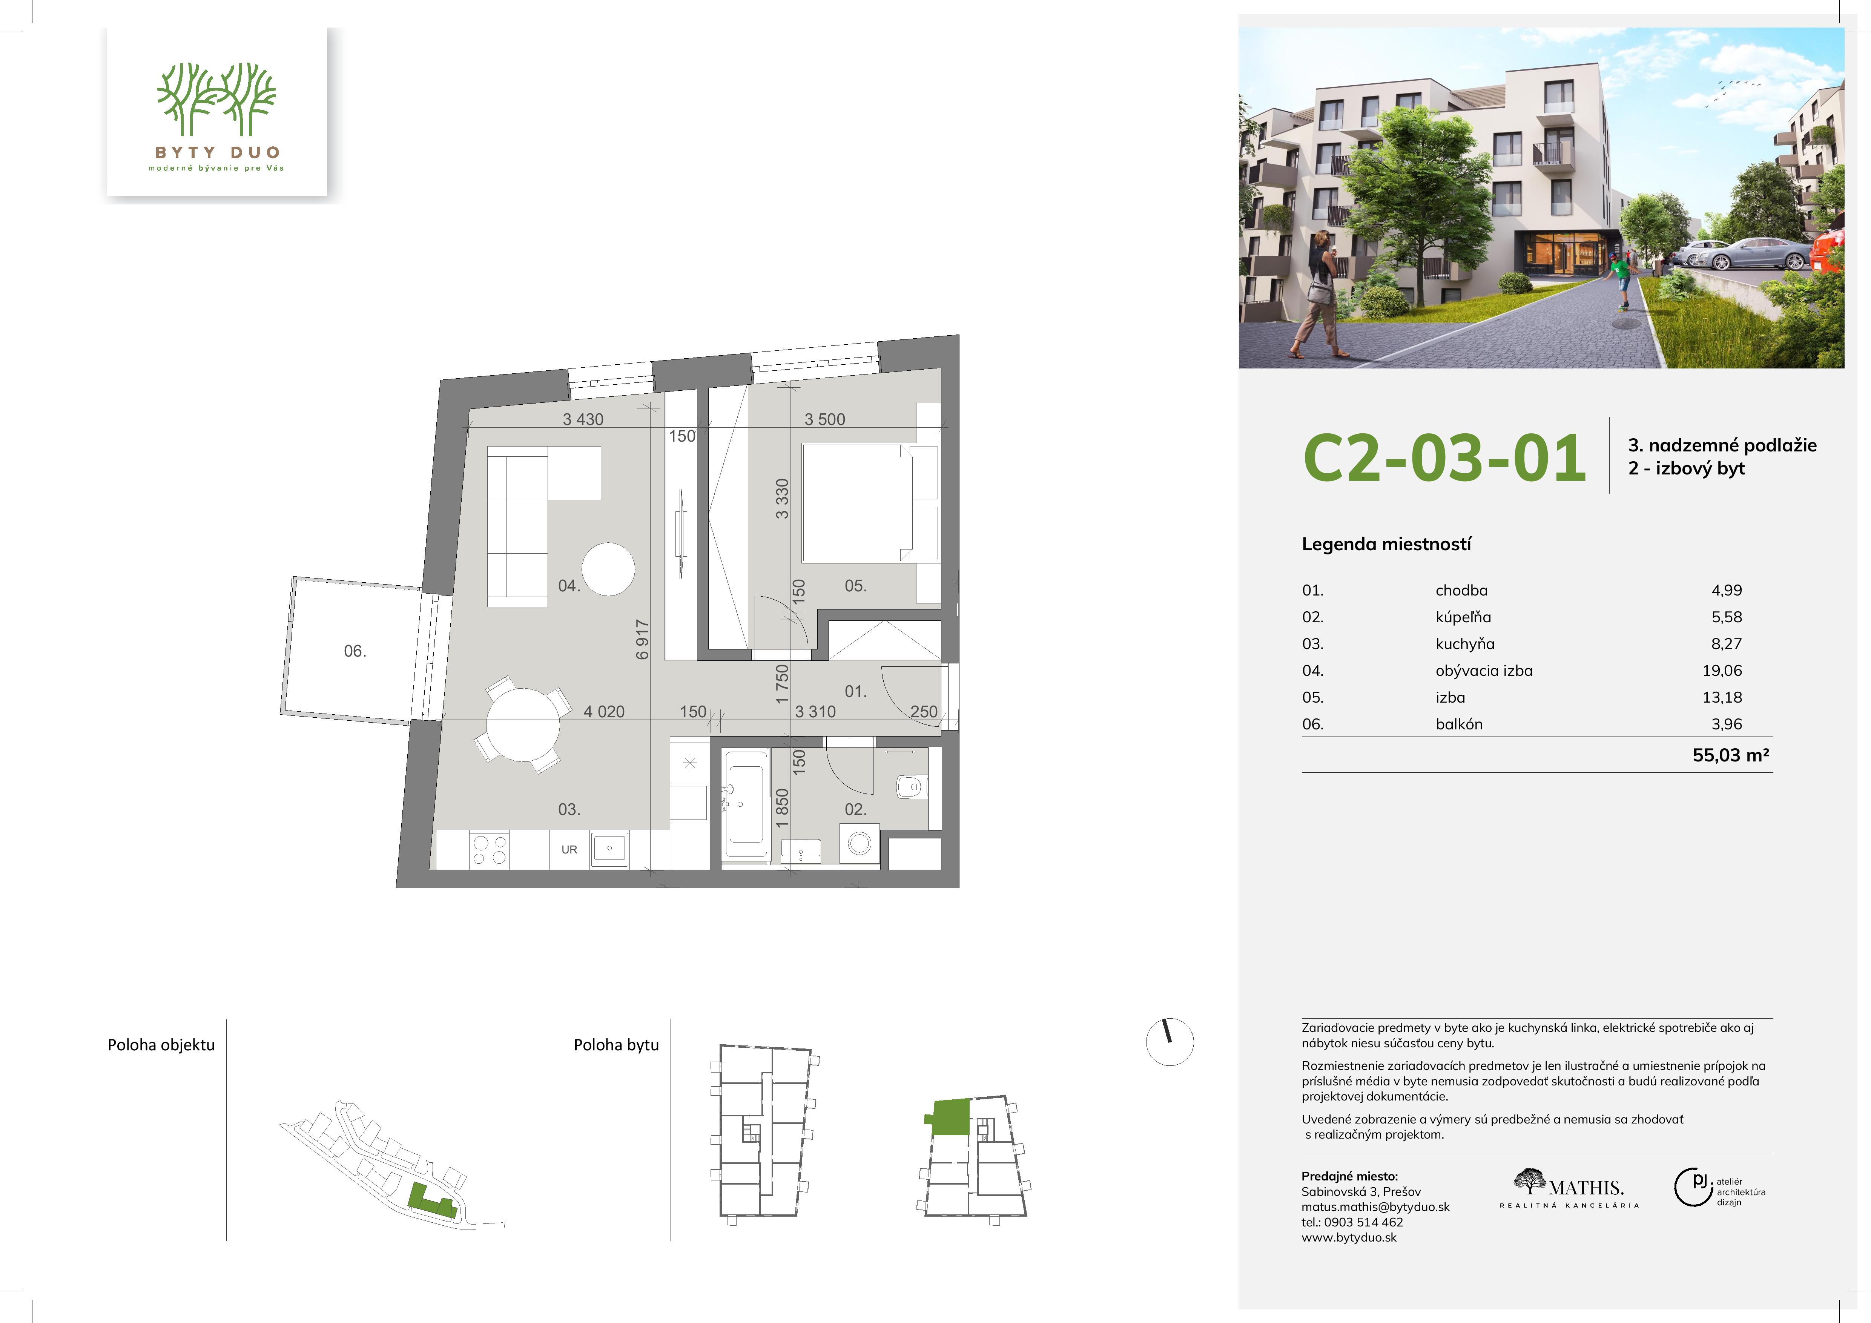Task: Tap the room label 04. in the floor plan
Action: (x=569, y=586)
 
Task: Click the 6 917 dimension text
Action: (x=642, y=640)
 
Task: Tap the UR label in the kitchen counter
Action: (x=569, y=850)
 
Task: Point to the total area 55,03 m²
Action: (x=1731, y=755)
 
